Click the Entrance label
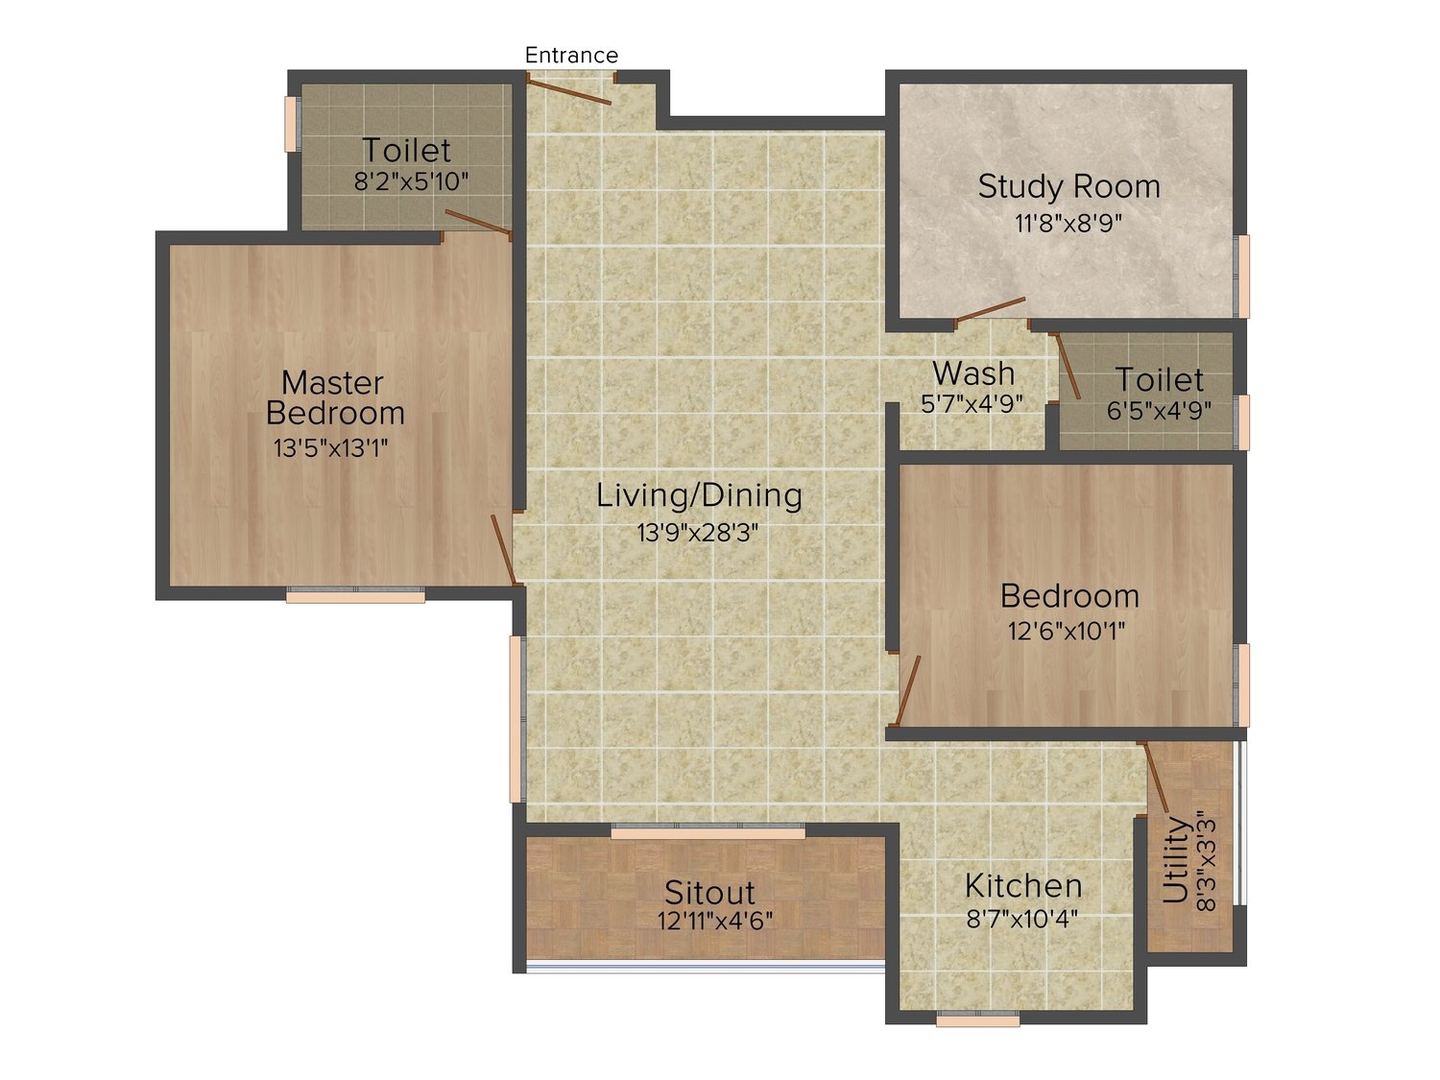coord(571,55)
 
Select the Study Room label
coord(1068,186)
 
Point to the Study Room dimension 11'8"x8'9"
coord(1068,224)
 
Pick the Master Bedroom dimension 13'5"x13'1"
coord(330,448)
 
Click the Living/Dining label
coord(699,495)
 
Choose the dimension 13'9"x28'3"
coord(697,533)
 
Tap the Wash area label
coord(973,373)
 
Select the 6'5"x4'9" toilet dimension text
coord(1159,411)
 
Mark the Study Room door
coord(991,309)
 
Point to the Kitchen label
coord(1023,886)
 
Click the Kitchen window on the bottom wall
coord(977,1020)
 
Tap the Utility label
coord(1176,859)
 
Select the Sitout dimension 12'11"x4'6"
coord(715,922)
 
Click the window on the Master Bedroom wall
coord(355,595)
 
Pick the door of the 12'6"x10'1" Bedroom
coord(908,690)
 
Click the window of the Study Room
coord(1242,276)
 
